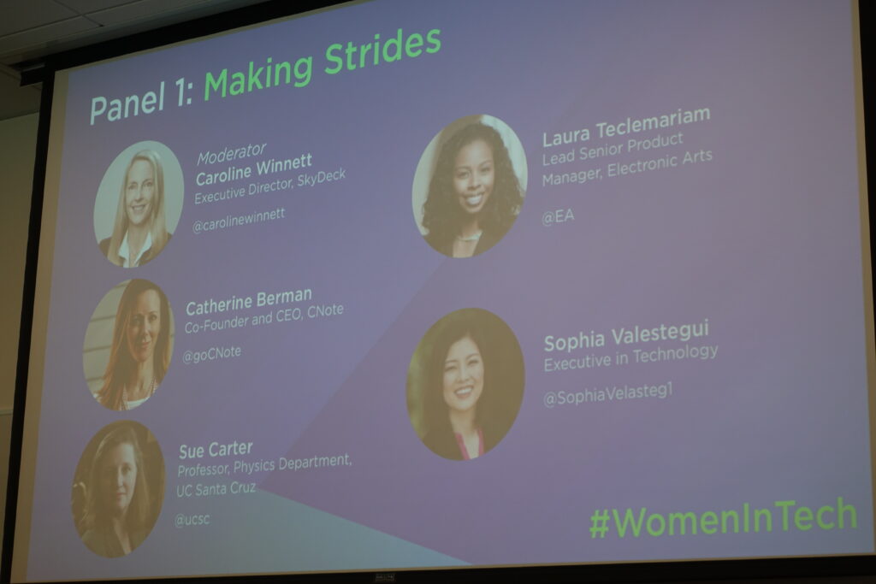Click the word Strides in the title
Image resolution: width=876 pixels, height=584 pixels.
(x=382, y=51)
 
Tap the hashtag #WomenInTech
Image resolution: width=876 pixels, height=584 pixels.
(x=724, y=519)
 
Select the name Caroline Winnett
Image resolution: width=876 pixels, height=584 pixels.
(x=253, y=170)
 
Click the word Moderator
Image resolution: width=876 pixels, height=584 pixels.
(x=231, y=154)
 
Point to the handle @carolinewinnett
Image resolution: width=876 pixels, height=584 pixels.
(x=239, y=220)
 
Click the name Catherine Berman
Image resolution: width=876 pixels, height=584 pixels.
(x=249, y=302)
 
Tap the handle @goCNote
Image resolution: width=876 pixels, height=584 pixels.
(x=212, y=354)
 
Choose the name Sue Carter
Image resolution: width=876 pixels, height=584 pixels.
(x=216, y=450)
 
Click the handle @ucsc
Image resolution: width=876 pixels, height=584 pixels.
(x=192, y=520)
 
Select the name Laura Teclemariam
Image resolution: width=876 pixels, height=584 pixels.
(x=626, y=127)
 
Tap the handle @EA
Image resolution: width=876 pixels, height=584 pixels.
(x=558, y=216)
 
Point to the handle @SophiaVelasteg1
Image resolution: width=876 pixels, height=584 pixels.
(x=608, y=393)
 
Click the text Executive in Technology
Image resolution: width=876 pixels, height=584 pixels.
(x=630, y=357)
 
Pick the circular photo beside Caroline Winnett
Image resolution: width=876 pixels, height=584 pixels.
(x=138, y=204)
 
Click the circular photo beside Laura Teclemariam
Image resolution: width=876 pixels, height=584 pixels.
(x=470, y=186)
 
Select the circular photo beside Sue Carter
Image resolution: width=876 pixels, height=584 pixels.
(x=118, y=489)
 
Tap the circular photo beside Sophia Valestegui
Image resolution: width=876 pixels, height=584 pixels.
(x=465, y=384)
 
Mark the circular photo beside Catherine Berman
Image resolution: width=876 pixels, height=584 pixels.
(x=128, y=345)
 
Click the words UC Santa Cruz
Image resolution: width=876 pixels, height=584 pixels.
(x=216, y=489)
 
